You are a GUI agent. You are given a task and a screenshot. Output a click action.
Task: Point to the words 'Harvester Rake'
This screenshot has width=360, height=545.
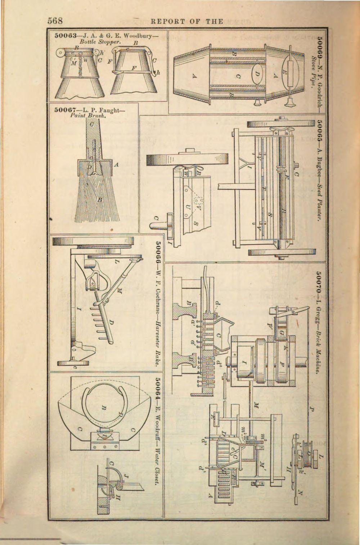157,341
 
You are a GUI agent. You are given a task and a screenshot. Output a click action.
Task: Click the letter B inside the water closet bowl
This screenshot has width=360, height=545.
103,407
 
